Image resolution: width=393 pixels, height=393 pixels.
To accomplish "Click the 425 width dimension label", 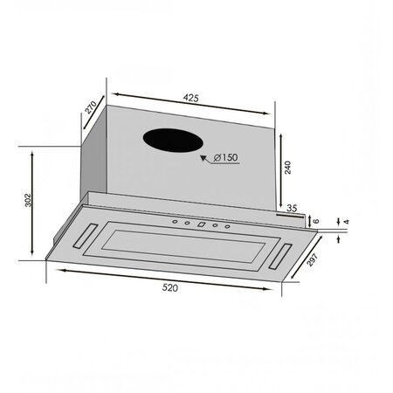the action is coord(190,98).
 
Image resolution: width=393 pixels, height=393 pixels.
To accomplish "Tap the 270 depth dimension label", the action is coord(91,107).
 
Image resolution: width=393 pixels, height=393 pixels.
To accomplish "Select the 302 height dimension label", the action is coord(28,200).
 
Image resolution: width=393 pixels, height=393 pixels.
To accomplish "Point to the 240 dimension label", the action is coord(287,167).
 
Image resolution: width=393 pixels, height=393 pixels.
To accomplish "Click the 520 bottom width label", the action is coord(169,287).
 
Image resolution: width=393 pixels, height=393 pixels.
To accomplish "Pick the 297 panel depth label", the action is coord(312,259).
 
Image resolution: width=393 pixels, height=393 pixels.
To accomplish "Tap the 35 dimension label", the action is coord(292,208).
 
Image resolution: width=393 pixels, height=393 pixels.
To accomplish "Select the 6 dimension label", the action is coord(316,221).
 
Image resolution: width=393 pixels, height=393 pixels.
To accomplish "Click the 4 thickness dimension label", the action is coord(347,222).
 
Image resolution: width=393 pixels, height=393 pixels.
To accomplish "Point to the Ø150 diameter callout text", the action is coord(225,157).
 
